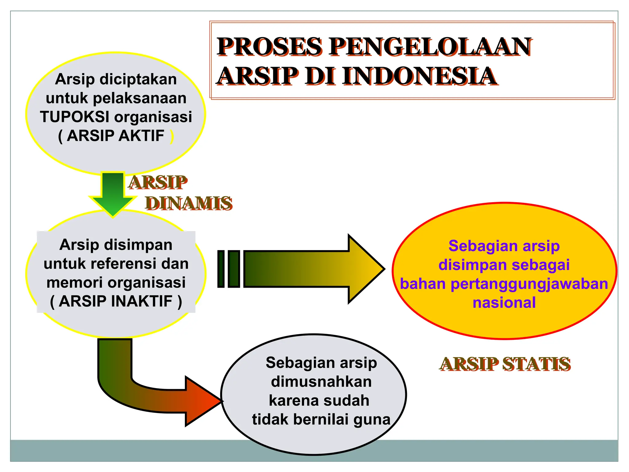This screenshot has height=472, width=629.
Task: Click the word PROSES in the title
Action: (269, 47)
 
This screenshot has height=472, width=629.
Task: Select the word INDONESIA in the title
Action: (420, 76)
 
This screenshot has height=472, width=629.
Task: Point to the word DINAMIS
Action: (189, 203)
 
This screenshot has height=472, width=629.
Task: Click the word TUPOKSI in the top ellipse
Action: (75, 117)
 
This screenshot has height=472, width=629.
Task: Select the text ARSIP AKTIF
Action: (115, 136)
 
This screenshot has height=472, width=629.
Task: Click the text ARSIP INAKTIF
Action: (115, 301)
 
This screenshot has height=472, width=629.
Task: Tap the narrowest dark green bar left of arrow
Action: (221, 269)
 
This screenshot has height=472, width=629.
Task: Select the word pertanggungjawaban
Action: (529, 284)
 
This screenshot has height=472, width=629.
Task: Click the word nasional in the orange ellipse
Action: (504, 303)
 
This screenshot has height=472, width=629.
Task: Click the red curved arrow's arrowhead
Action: (201, 401)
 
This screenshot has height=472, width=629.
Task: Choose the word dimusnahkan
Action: (321, 382)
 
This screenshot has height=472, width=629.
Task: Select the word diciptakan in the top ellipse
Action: (138, 79)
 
